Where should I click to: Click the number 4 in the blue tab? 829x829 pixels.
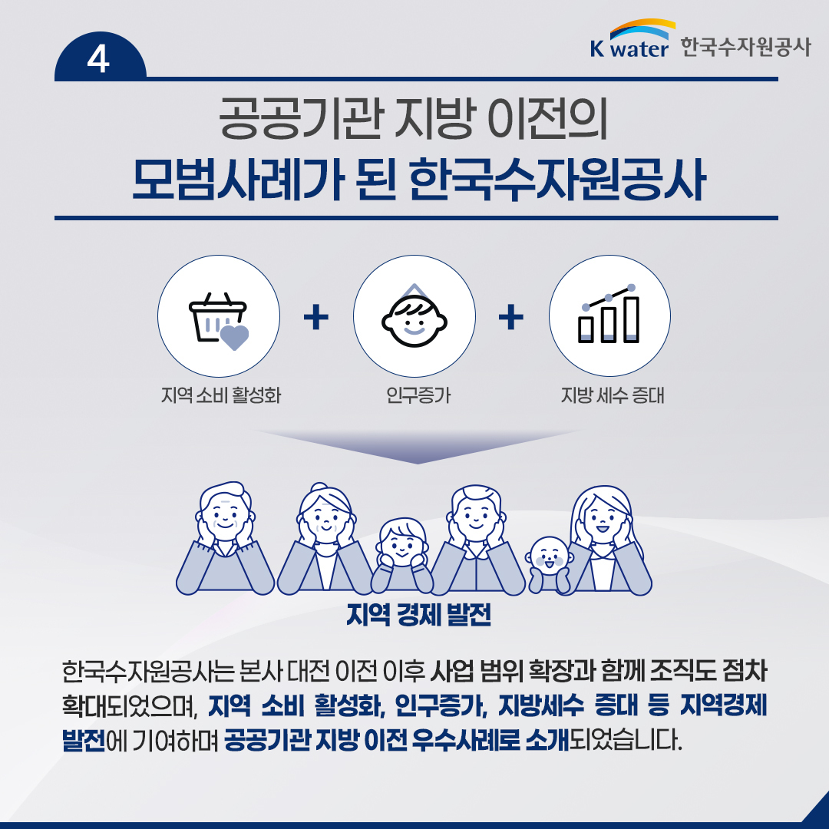(98, 58)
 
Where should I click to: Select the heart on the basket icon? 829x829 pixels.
(234, 337)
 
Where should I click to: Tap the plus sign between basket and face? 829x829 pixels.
(316, 317)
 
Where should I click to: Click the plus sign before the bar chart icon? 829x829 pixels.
(511, 317)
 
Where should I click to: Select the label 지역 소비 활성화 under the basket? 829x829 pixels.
(221, 395)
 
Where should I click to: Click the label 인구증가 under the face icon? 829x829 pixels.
(418, 395)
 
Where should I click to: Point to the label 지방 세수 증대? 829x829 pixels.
(613, 395)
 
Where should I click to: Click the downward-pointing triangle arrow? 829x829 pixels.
(418, 447)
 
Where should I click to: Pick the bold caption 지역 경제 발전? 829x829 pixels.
(419, 614)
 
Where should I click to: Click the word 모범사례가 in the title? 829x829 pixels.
(238, 179)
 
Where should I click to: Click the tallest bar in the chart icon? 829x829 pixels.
(632, 319)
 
